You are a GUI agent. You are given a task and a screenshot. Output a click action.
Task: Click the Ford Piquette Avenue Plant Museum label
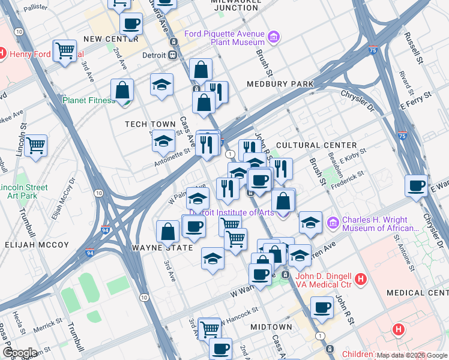click(224, 38)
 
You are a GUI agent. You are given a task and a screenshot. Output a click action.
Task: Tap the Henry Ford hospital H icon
click(2, 53)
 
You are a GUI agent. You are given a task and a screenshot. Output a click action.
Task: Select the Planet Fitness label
click(89, 100)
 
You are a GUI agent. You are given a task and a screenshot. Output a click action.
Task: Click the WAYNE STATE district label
click(157, 247)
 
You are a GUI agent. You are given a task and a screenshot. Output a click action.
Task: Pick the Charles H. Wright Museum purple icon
click(334, 224)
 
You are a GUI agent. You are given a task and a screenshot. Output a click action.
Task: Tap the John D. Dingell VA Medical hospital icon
click(360, 278)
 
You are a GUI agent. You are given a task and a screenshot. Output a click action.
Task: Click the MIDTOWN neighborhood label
click(271, 327)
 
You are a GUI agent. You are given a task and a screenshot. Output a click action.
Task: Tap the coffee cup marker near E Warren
click(416, 186)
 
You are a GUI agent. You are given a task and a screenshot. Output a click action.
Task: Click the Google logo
click(20, 353)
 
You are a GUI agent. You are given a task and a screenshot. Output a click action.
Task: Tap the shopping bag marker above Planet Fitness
click(122, 91)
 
